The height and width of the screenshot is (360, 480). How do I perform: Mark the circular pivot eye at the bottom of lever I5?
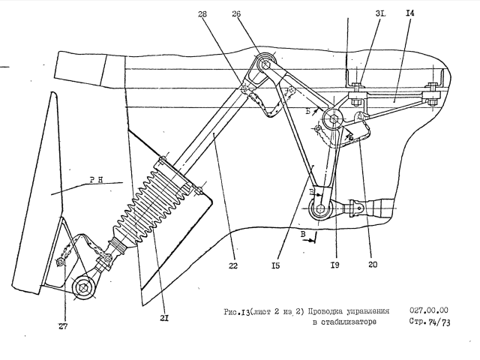(x=321, y=209)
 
